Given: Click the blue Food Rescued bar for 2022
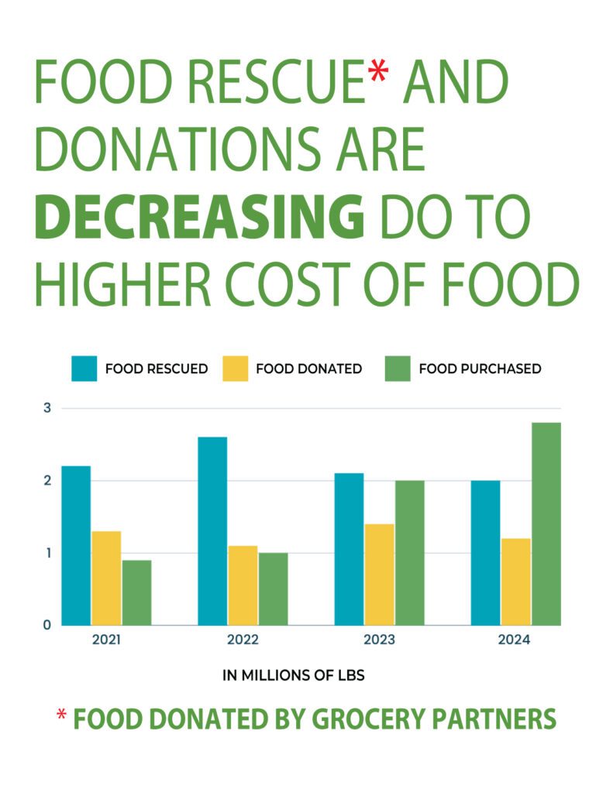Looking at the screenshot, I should [x=212, y=531].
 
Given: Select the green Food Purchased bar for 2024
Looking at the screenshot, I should [x=546, y=524].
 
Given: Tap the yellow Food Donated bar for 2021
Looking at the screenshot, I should [x=106, y=578].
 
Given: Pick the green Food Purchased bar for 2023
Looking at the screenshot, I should [x=409, y=553].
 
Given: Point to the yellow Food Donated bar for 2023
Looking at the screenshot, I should [x=379, y=575].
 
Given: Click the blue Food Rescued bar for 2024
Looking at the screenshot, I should [x=485, y=553].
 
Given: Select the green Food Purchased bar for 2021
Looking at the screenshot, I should [x=136, y=592].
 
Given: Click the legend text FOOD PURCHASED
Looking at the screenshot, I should [x=480, y=369].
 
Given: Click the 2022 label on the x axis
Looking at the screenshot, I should [x=243, y=641].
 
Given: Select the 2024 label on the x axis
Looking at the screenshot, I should [x=515, y=641].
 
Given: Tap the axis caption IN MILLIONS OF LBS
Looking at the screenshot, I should [x=294, y=675].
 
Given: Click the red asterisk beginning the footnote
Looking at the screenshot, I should [x=61, y=716].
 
